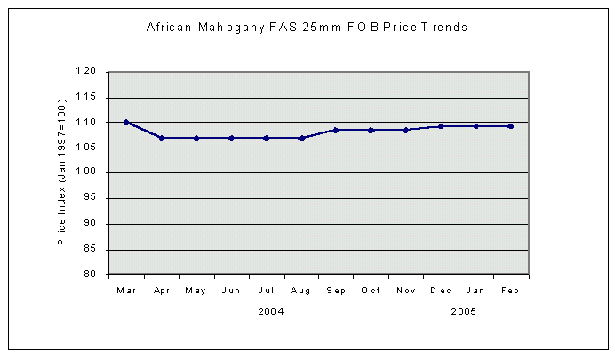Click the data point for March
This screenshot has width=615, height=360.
(126, 122)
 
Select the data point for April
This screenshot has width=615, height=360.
(162, 138)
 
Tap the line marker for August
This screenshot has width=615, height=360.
(301, 138)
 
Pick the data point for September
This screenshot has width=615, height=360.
(336, 130)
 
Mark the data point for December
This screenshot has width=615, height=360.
(441, 126)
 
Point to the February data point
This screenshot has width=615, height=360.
(510, 126)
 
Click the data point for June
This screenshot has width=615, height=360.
(231, 138)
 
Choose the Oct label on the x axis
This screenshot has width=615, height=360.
(371, 290)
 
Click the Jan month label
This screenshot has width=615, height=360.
(475, 290)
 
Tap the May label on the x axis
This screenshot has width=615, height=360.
(196, 290)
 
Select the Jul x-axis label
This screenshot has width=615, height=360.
(266, 290)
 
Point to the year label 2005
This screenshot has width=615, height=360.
(463, 311)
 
